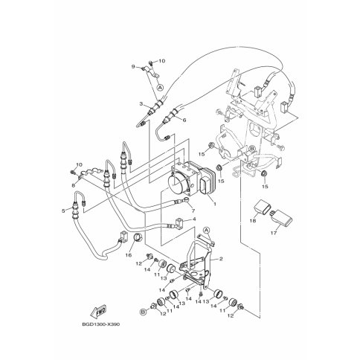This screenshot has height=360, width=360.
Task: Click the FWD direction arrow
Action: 98,311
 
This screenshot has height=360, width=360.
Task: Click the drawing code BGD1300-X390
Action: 100,324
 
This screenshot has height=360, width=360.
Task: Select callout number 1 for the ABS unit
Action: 215,204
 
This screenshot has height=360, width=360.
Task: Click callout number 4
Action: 184,120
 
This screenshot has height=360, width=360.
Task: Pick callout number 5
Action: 193,211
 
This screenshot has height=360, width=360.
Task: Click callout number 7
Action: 133,66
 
